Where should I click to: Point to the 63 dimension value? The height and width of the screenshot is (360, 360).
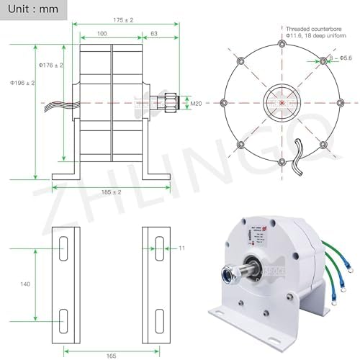point(153,33)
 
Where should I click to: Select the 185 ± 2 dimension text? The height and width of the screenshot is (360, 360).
point(113,192)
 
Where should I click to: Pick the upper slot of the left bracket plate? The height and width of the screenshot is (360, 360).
point(64,248)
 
